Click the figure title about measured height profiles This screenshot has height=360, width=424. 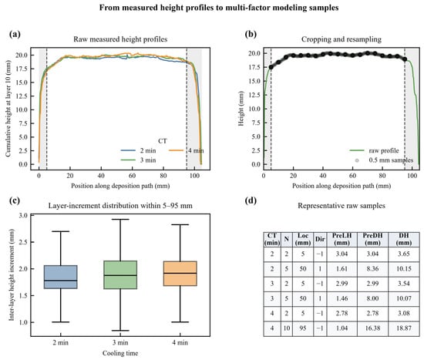click(219, 8)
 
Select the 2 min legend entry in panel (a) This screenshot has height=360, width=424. click(138, 150)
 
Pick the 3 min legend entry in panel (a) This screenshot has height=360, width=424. click(138, 160)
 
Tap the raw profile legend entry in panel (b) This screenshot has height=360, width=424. click(374, 150)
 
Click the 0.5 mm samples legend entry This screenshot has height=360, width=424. click(384, 160)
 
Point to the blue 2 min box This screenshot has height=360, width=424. click(61, 277)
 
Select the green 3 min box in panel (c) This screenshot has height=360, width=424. click(120, 274)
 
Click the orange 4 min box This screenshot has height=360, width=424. click(180, 274)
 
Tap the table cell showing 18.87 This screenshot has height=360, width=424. click(403, 328)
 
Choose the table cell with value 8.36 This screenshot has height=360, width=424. click(372, 268)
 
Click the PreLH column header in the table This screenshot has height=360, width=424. click(342, 239)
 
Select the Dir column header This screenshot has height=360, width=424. click(320, 239)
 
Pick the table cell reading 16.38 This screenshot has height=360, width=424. click(372, 328)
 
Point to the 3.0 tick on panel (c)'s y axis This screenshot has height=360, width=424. click(24, 216)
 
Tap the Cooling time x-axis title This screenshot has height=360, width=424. click(120, 353)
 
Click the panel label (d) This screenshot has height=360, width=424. click(251, 200)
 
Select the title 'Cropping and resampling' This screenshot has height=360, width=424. click(342, 39)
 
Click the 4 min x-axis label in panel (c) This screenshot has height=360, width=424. click(180, 343)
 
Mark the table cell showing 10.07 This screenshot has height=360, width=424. click(403, 298)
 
